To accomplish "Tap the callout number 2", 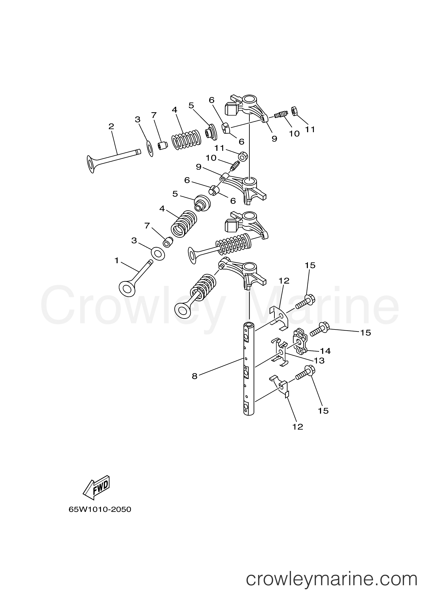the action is coord(111,126).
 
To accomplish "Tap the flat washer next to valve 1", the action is coord(158,254).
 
